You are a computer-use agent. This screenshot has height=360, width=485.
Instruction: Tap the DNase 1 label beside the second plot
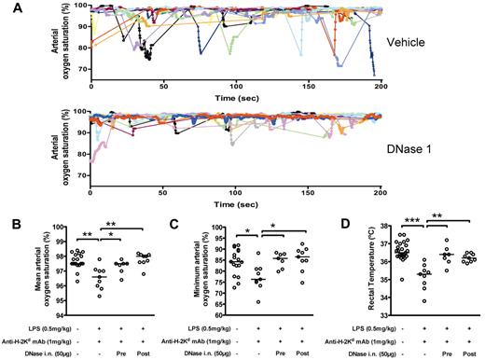pos(410,150)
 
